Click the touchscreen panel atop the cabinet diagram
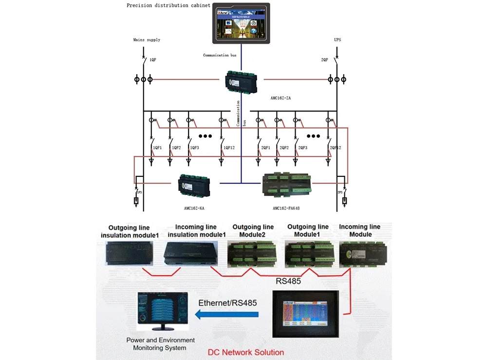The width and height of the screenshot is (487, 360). tap(240, 24)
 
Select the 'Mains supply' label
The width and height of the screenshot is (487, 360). tap(147, 39)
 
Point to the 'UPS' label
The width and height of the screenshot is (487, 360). tap(337, 39)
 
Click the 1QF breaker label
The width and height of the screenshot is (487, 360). tap(153, 60)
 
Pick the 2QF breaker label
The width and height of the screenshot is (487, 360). tap(325, 60)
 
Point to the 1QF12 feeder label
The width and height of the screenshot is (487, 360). tap(229, 148)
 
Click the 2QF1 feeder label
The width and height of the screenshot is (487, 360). tap(265, 148)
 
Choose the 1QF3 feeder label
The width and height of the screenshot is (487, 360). tap(195, 148)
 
